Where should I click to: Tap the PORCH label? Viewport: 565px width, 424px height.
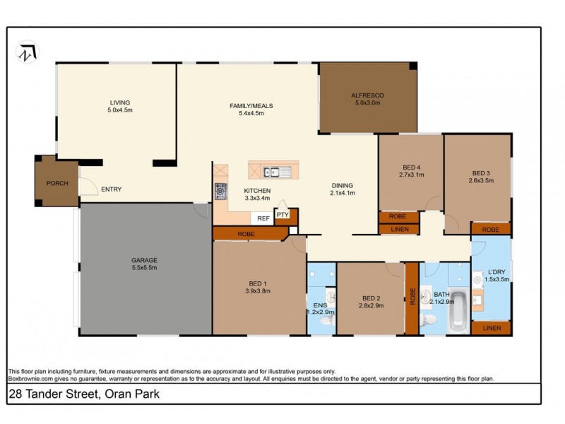57,183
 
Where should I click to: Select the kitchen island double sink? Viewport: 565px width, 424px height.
273,172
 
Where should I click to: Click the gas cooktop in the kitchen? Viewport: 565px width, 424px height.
221,190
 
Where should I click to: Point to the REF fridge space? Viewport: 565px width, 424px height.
263,218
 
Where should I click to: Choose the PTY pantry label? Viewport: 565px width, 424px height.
282,214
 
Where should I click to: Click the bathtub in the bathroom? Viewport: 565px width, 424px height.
458,309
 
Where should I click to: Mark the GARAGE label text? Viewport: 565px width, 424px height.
144,259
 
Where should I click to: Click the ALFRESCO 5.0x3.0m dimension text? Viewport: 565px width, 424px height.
367,103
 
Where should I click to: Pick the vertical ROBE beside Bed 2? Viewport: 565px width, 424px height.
412,297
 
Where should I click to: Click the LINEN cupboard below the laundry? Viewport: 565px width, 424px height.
491,329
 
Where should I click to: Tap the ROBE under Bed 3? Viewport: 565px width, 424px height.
491,229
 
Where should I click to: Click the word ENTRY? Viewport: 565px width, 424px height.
111,189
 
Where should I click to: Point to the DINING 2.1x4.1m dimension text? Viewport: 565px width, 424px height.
343,193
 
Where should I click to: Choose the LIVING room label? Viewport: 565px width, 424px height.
119,102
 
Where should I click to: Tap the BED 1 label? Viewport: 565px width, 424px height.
257,283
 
